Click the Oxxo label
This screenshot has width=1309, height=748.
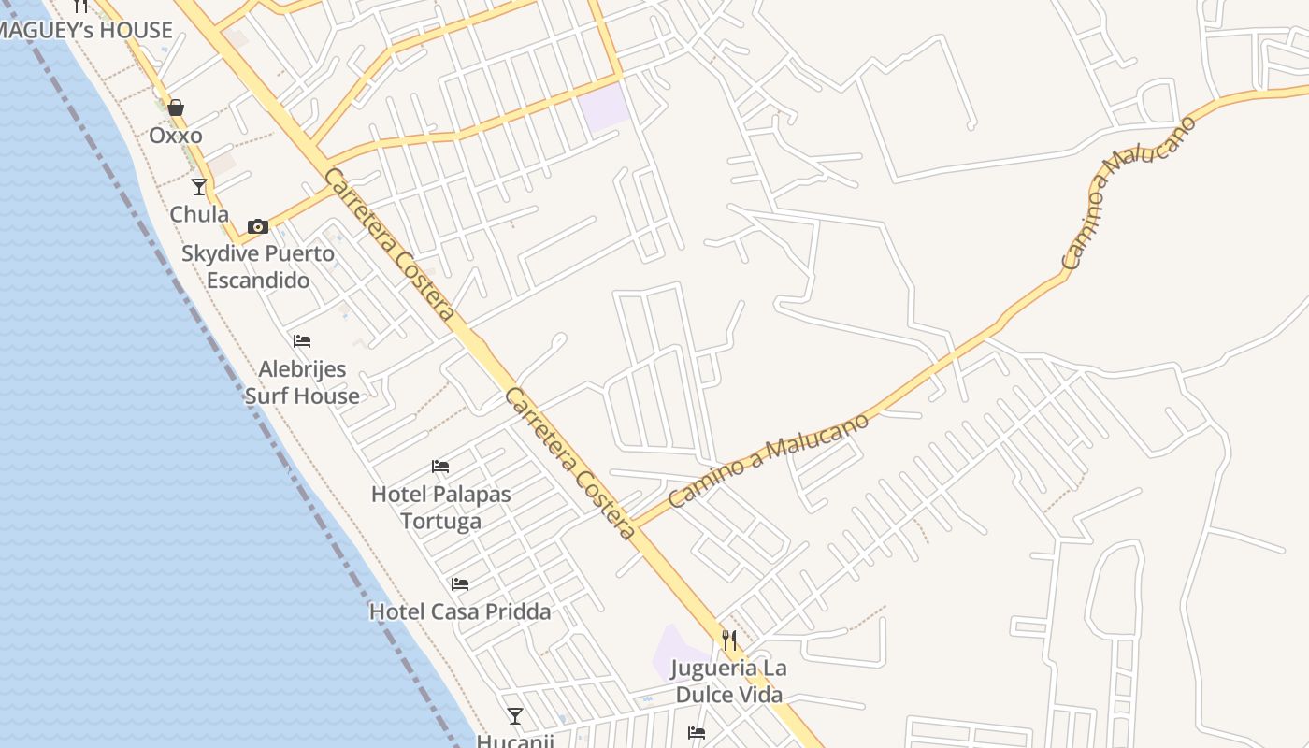176,136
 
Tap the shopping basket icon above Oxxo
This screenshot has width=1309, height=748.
176,108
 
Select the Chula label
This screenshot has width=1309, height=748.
199,214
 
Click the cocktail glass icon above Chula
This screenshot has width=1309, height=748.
199,187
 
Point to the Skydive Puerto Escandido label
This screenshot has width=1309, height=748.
258,266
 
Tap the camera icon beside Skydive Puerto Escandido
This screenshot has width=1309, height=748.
258,226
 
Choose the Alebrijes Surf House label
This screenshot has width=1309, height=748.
302,382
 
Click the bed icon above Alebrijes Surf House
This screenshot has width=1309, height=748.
301,341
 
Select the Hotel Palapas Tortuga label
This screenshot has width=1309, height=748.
441,507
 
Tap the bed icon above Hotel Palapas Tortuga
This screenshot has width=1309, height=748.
440,467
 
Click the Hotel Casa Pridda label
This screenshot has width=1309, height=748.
460,611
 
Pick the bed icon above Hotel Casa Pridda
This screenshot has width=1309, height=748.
460,584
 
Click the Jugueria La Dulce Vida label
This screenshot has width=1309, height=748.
730,682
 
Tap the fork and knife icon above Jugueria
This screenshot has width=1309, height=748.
729,640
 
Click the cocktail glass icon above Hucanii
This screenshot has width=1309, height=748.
515,716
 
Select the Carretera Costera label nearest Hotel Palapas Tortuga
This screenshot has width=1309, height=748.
570,464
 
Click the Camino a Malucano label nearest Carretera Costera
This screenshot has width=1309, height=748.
769,460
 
